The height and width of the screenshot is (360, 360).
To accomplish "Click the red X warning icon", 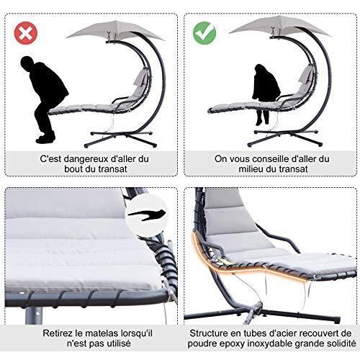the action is [26, 33].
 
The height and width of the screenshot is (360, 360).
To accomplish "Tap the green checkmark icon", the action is [204, 33].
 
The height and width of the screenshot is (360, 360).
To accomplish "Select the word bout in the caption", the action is [73, 169].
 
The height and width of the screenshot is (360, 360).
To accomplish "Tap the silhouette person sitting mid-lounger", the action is [266, 94].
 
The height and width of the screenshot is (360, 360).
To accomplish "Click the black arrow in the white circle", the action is [147, 214].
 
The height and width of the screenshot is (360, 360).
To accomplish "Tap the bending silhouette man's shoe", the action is [45, 139].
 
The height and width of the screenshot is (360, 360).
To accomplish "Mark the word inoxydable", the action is [269, 344].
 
